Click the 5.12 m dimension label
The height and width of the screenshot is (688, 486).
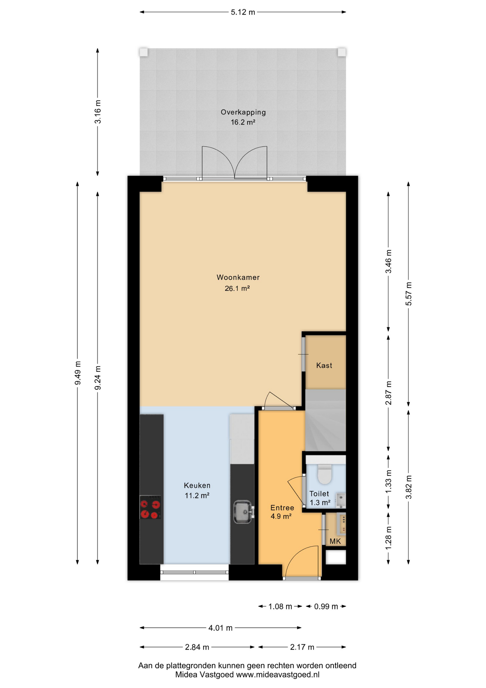coord(243,12)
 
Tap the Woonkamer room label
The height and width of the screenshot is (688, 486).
coord(238,277)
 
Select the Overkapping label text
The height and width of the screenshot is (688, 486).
coord(243,112)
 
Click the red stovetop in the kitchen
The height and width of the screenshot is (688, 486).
coord(150,507)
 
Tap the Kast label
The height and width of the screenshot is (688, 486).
coord(324,365)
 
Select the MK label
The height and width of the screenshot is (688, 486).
coord(335,541)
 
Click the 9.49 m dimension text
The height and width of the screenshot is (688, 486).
coord(78,373)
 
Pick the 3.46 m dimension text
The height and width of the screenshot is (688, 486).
coord(388,262)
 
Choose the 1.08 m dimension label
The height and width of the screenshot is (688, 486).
coord(280,606)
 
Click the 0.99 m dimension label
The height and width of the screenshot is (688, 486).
coord(326,606)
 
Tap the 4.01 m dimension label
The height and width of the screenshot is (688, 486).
coord(220,628)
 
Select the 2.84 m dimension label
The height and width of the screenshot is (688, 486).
coord(197,647)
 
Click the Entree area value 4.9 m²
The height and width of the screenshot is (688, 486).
coord(281,516)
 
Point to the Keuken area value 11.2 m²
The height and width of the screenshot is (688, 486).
coord(197,496)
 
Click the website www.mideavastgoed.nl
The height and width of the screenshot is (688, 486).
coord(277,675)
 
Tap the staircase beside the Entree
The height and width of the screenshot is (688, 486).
coord(325,420)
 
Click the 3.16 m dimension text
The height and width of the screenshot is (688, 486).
coord(98,112)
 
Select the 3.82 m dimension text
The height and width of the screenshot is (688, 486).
coord(409,487)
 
